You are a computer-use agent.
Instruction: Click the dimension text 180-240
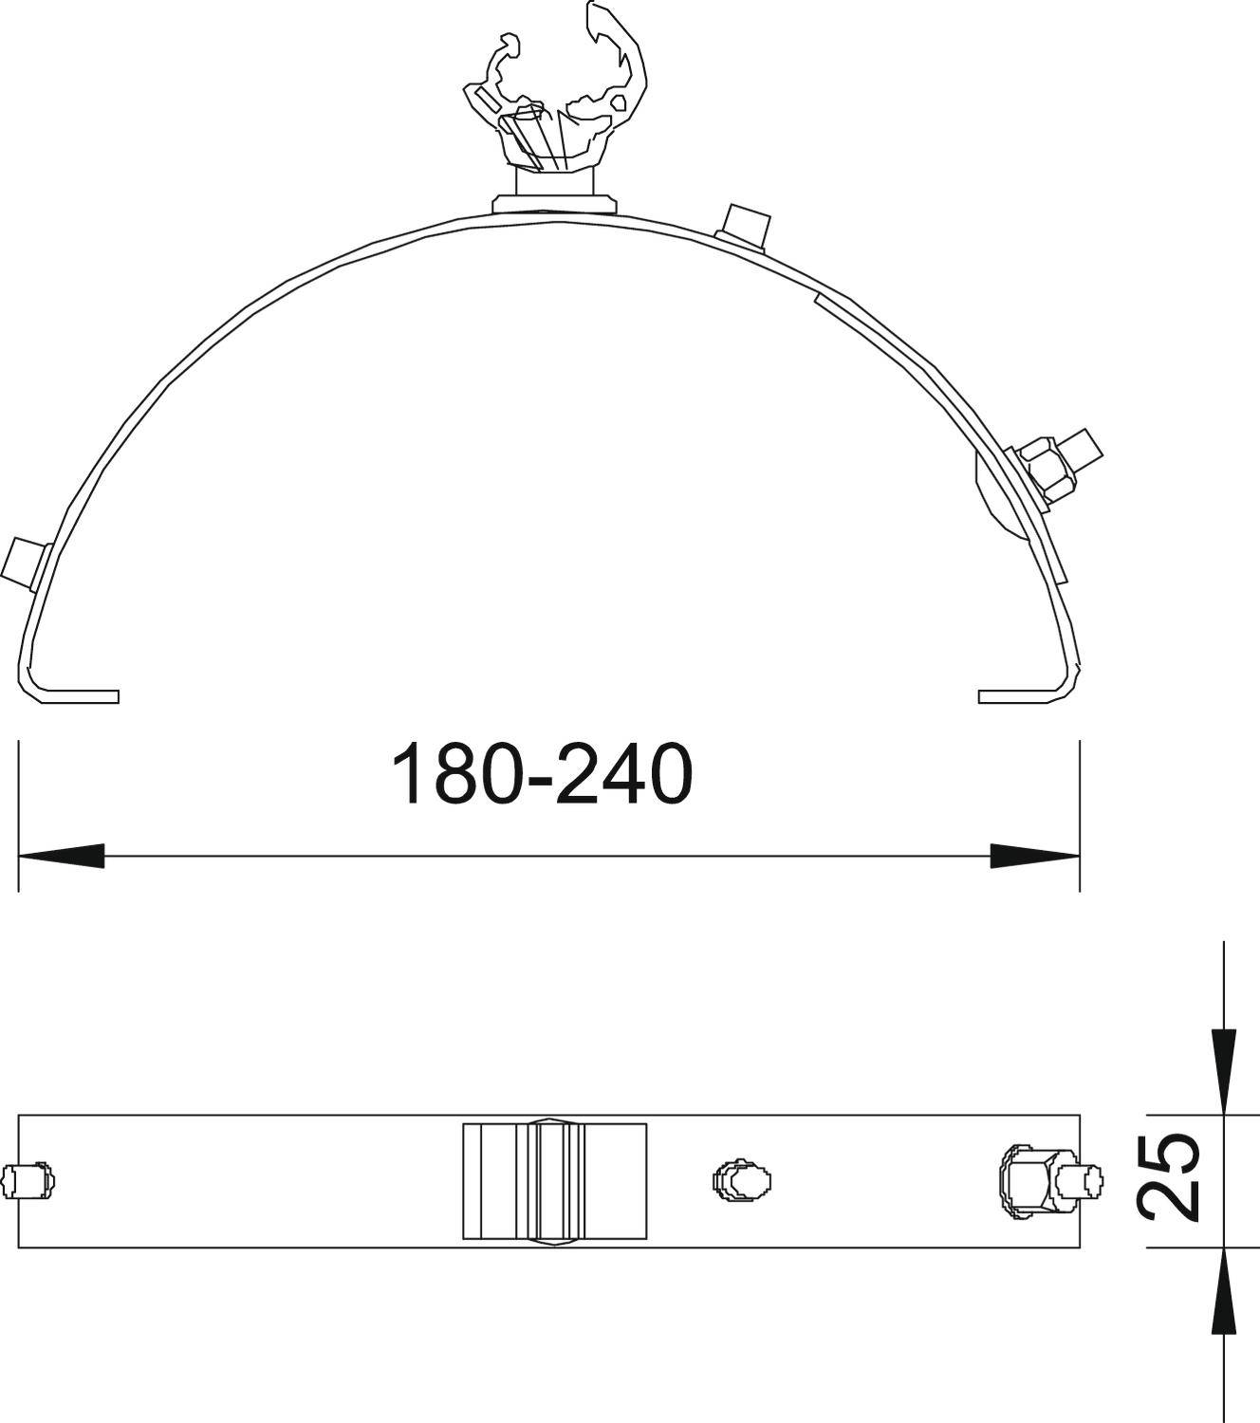tap(542, 775)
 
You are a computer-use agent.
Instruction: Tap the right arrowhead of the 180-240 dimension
tap(1034, 856)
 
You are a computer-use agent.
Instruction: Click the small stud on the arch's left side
tap(25, 563)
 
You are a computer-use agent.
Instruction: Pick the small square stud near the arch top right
tap(744, 224)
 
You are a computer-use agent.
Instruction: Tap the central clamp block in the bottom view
tap(555, 1180)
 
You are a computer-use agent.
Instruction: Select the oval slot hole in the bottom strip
tap(741, 1180)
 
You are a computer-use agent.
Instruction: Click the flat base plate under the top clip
tap(555, 203)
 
